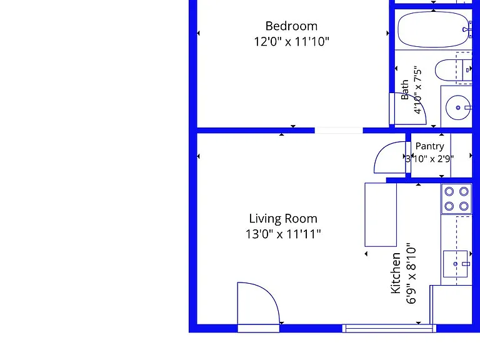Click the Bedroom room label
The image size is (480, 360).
291,26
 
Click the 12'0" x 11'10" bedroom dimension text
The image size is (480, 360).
291,42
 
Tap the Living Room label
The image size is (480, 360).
283,219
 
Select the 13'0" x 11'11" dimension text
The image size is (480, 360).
283,234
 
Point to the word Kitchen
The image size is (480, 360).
396,273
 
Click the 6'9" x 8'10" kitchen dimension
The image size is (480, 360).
411,273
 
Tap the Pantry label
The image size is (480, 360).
429,146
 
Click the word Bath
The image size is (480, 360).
405,90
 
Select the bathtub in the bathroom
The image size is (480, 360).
434,29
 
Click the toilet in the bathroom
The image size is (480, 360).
453,70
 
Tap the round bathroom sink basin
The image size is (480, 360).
458,107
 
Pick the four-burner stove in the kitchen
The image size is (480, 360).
456,199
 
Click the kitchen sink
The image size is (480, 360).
456,264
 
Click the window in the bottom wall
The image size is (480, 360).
389,329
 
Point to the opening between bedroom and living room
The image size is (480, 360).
339,131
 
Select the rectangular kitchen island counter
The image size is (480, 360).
381,214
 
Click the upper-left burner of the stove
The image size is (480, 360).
449,192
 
